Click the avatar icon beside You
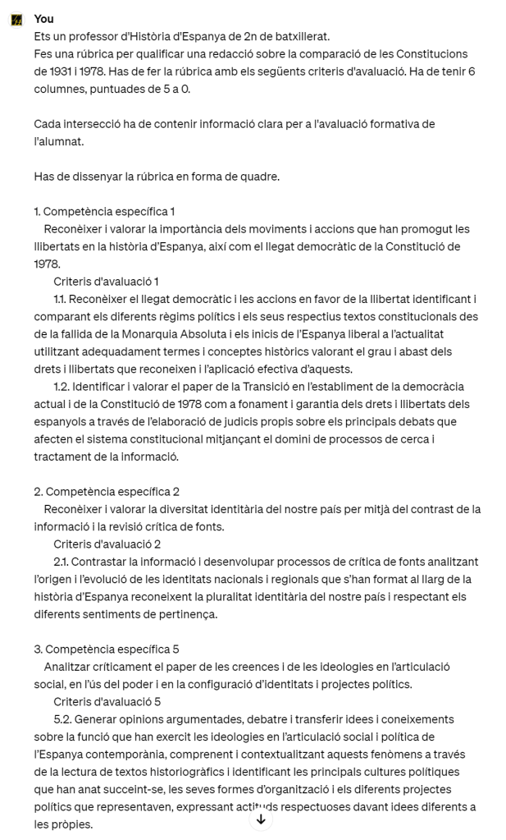point(16,19)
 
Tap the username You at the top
point(44,19)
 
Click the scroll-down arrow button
point(261,819)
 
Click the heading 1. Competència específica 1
point(104,211)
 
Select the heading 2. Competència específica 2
point(107,492)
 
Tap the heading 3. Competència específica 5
point(107,650)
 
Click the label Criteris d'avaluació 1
point(106,282)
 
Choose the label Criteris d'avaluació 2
point(107,544)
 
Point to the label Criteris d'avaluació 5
point(107,702)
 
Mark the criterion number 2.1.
point(62,562)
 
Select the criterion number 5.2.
point(62,719)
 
